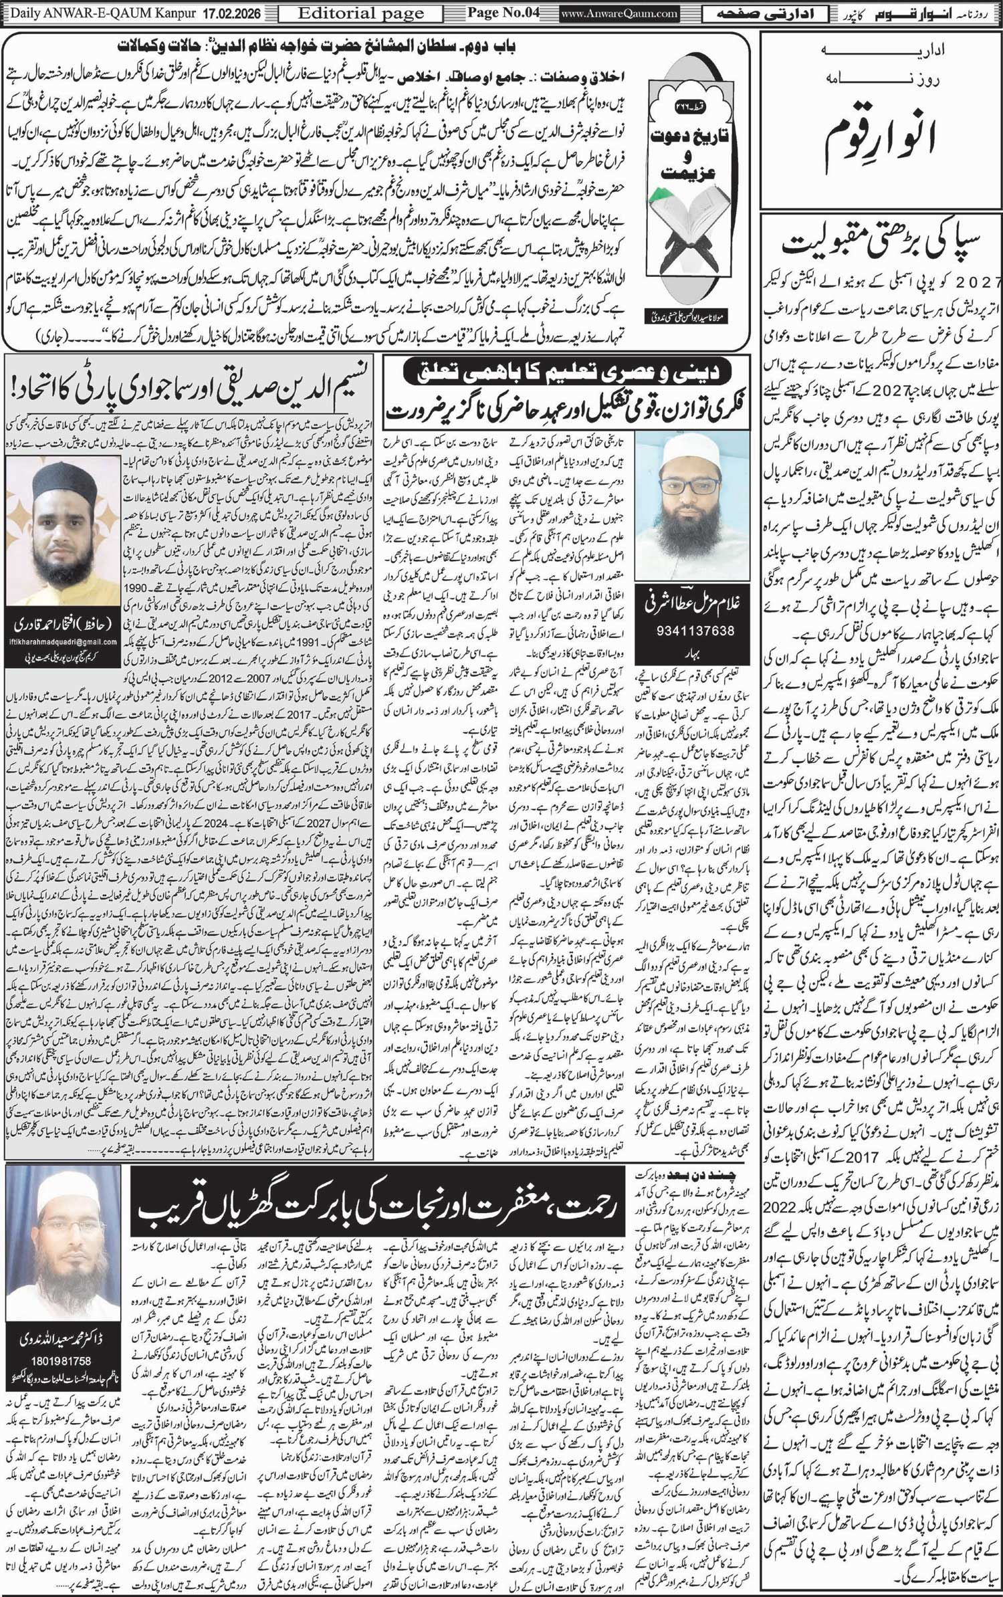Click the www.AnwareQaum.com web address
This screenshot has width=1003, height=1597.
(x=619, y=13)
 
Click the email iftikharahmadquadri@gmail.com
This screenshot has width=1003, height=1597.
(x=63, y=642)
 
